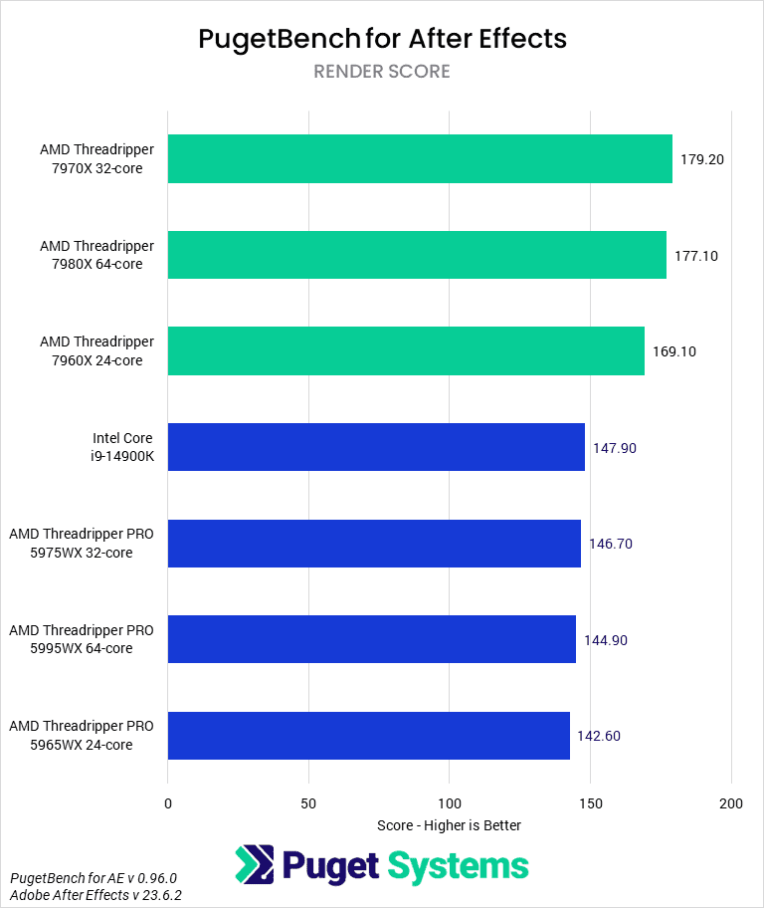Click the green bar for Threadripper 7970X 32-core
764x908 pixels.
point(420,159)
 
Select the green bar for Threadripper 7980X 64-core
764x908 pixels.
point(417,255)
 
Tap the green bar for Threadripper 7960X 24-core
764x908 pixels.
point(406,351)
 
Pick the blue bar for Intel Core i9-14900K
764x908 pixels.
point(376,447)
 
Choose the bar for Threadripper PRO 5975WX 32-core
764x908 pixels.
point(374,544)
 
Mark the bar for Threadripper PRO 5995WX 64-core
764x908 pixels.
point(372,639)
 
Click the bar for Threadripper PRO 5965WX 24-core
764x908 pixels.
point(369,736)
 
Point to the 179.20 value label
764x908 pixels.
point(701,159)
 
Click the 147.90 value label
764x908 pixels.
point(614,448)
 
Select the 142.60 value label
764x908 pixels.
point(599,736)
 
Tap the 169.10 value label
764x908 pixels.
point(673,351)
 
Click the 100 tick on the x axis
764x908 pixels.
point(450,803)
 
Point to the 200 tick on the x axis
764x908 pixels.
point(731,803)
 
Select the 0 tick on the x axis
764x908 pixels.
point(168,803)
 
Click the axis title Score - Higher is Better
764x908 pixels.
point(450,825)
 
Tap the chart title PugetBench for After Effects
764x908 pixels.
point(382,38)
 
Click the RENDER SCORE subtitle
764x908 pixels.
point(382,72)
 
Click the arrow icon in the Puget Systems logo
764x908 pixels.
point(255,865)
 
